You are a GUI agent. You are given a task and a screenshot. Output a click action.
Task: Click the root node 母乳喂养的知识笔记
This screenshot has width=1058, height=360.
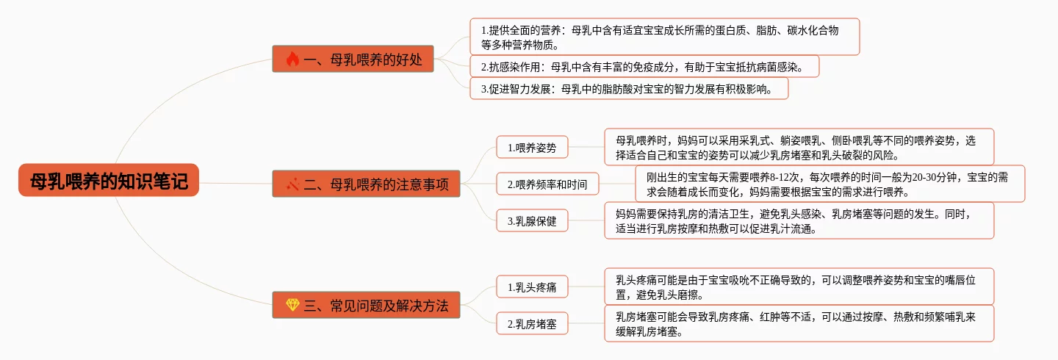click(x=109, y=181)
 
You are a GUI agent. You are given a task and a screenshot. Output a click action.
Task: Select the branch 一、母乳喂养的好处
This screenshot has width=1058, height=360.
click(x=353, y=60)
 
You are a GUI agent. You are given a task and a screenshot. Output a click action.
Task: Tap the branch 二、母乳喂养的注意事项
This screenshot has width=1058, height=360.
click(x=366, y=184)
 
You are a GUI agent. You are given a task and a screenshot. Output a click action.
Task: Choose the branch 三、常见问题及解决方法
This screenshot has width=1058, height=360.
click(x=366, y=305)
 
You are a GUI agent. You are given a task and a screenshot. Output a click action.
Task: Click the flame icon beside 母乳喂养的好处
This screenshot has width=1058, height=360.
click(x=292, y=60)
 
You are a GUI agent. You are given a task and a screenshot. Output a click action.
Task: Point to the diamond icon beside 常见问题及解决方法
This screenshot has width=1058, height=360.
click(x=292, y=305)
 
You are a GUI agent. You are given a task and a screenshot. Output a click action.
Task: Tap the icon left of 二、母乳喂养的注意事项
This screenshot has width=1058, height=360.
click(x=292, y=184)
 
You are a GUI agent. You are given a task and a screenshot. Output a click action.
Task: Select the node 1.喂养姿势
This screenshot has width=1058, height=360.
click(x=532, y=148)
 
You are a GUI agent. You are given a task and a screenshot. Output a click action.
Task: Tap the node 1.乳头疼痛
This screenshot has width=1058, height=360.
click(x=532, y=287)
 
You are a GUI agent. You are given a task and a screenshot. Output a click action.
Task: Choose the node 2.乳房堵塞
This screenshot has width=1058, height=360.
click(x=532, y=323)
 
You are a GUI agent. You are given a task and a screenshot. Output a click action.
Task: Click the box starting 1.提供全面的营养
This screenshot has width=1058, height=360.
click(x=664, y=37)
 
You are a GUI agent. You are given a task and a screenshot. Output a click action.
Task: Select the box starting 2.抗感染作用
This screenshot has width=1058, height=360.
click(x=644, y=67)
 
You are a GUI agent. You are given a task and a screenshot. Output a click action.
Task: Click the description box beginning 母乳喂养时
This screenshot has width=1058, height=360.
click(x=799, y=147)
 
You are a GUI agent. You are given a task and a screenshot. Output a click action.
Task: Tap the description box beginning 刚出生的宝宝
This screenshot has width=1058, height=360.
click(x=830, y=184)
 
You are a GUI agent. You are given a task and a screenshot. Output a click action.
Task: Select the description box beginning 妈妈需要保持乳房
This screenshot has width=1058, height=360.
click(x=799, y=220)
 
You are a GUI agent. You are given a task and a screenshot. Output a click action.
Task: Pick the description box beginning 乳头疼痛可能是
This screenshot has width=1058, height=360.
click(x=799, y=287)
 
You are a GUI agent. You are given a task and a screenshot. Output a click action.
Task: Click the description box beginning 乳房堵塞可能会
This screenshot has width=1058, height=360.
click(x=799, y=323)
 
